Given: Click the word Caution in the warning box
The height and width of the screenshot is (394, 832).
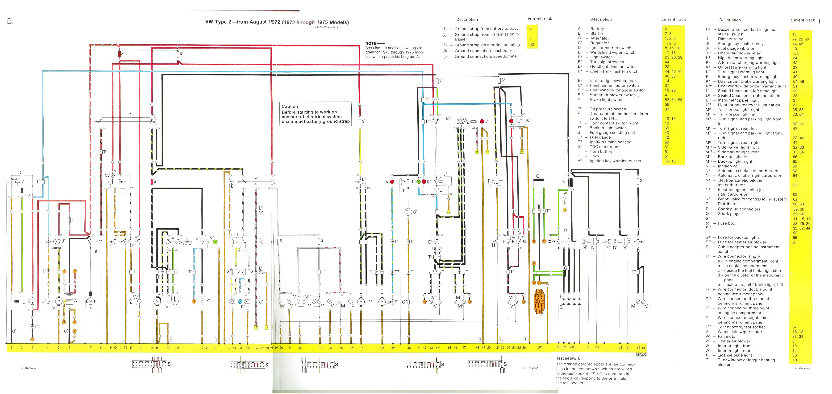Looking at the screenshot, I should point(290,107).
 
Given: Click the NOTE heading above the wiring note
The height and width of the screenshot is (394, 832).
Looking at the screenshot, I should point(371,43).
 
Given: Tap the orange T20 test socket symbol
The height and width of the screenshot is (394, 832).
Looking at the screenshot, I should point(539,302).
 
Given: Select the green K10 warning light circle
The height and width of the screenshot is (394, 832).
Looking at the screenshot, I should point(216,242).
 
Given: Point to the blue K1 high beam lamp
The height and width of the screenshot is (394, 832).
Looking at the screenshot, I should point(240,301).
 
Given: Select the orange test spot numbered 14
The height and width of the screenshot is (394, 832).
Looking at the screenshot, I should point(32,339).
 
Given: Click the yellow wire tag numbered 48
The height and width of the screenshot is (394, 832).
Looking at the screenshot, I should point(256,327).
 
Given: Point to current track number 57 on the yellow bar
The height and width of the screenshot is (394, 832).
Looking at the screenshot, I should point(540,348).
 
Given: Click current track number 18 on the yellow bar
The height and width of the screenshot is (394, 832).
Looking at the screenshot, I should point(178,348).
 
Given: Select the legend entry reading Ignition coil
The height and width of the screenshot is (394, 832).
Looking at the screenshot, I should point(729,166).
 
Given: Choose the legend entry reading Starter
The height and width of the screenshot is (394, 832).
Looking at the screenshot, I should point(597,33).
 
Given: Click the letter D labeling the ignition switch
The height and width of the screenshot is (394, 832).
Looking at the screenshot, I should point(130,115).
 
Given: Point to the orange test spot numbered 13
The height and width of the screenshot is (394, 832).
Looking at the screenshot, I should point(564,210).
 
